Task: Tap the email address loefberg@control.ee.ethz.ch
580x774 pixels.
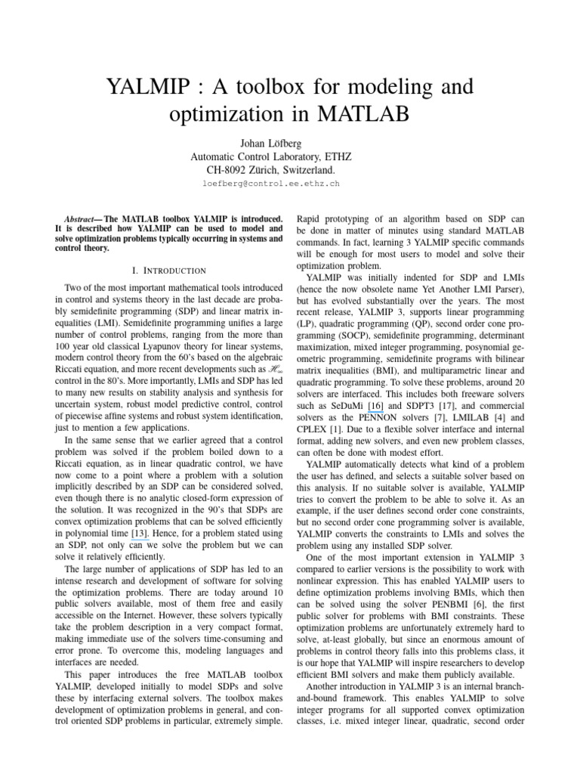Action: pyautogui.click(x=270, y=184)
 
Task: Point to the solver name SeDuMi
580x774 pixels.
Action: pyautogui.click(x=344, y=405)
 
